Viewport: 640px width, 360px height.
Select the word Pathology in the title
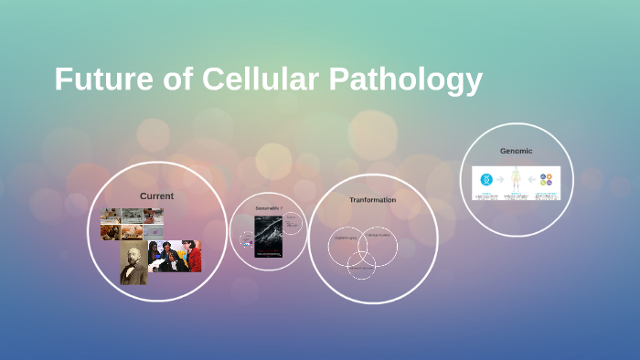[x=403, y=79]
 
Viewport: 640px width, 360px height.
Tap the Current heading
[x=156, y=196]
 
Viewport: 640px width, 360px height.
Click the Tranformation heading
[x=372, y=199]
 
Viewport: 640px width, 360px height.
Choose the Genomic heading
[x=516, y=151]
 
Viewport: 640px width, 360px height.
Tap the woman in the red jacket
[x=192, y=258]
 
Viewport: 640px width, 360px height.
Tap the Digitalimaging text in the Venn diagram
[x=345, y=239]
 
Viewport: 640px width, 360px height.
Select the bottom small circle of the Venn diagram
[x=361, y=265]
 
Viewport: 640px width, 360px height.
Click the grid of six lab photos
[x=132, y=224]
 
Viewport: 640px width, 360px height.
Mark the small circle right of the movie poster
[x=292, y=223]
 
